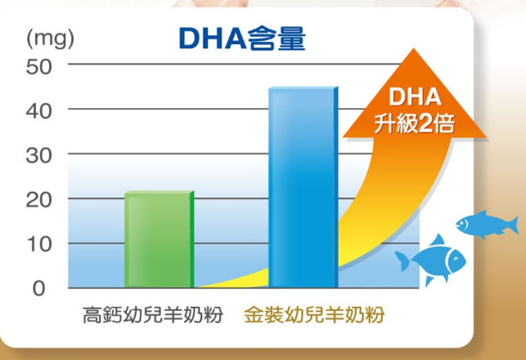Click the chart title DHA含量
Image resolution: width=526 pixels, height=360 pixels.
coord(242,38)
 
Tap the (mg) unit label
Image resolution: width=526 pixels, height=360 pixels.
coord(51,39)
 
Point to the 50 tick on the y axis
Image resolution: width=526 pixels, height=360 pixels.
coord(39,66)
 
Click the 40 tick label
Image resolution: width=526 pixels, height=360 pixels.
coord(39,111)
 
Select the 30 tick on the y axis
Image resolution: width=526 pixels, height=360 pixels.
coord(39,155)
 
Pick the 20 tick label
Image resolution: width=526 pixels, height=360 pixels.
coord(39,200)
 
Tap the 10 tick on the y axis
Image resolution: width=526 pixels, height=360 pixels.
coord(39,245)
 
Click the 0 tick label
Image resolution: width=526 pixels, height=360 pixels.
coord(39,288)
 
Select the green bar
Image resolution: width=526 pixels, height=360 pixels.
coord(159,239)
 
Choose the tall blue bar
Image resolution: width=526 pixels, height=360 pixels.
coord(303,187)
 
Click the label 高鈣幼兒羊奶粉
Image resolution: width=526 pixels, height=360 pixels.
coord(153,315)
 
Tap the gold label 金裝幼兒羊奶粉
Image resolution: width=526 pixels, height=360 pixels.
coord(314,315)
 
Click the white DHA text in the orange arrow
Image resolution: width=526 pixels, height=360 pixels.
coord(415,97)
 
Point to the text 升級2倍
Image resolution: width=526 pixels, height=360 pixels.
coord(415,123)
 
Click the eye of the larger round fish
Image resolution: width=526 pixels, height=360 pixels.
coord(456,259)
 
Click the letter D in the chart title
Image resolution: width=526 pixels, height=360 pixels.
coord(190,38)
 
